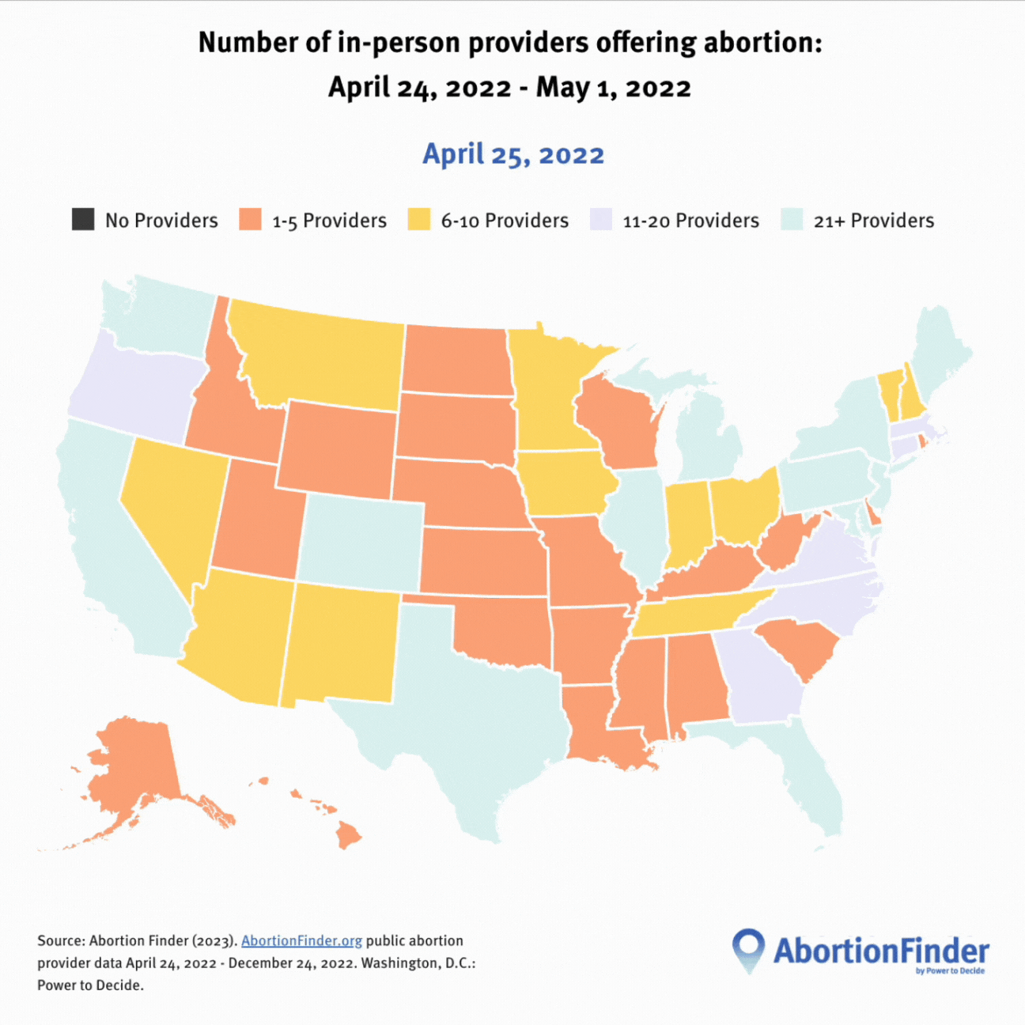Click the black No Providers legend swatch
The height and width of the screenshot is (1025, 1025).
click(x=83, y=219)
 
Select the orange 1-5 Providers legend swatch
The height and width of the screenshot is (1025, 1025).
click(x=250, y=219)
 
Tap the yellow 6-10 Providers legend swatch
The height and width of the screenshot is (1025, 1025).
click(x=419, y=219)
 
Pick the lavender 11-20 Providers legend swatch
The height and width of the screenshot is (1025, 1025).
click(x=601, y=219)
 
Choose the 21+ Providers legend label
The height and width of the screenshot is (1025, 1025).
click(x=873, y=221)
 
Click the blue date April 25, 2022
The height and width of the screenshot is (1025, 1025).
click(x=513, y=154)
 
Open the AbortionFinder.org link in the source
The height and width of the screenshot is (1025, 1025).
click(x=301, y=940)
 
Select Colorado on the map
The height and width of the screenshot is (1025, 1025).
click(x=361, y=543)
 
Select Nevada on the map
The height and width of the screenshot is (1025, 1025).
click(x=170, y=498)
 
